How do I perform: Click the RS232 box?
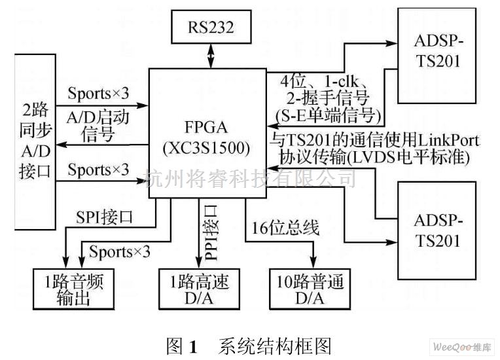coord(211,29)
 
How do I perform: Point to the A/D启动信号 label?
coord(99,126)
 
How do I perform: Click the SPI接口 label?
coord(105,217)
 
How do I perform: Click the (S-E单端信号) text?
coord(325,117)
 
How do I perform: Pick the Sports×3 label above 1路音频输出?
coord(120,251)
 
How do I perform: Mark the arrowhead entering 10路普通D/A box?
coord(313,259)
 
